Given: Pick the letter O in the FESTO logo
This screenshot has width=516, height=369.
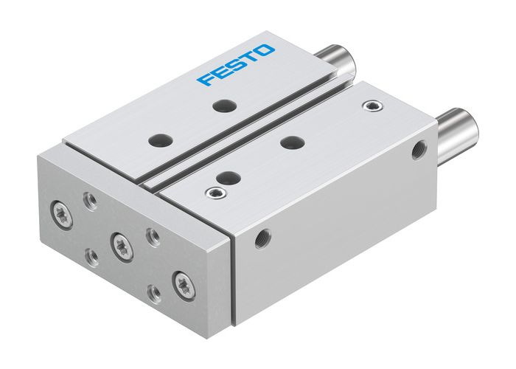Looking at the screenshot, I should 266,52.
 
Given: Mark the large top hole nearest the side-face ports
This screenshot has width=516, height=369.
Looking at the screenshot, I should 293,142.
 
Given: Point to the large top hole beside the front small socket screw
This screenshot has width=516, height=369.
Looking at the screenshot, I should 229,177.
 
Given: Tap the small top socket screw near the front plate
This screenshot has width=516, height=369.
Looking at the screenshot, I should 215,193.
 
